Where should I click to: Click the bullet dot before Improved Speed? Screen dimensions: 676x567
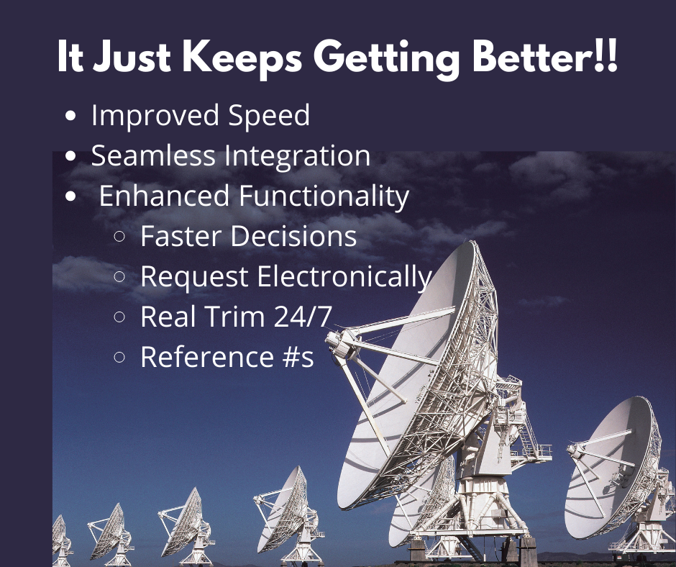(70, 116)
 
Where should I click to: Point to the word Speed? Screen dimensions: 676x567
(268, 117)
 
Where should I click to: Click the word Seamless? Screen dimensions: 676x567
(153, 155)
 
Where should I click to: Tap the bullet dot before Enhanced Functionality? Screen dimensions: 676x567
(70, 196)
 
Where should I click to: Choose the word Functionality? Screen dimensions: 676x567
(324, 196)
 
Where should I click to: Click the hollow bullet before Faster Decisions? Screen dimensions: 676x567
(119, 236)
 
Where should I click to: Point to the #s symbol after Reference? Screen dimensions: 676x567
(298, 357)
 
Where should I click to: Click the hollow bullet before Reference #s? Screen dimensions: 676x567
(119, 357)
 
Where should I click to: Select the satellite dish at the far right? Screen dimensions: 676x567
(619, 475)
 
